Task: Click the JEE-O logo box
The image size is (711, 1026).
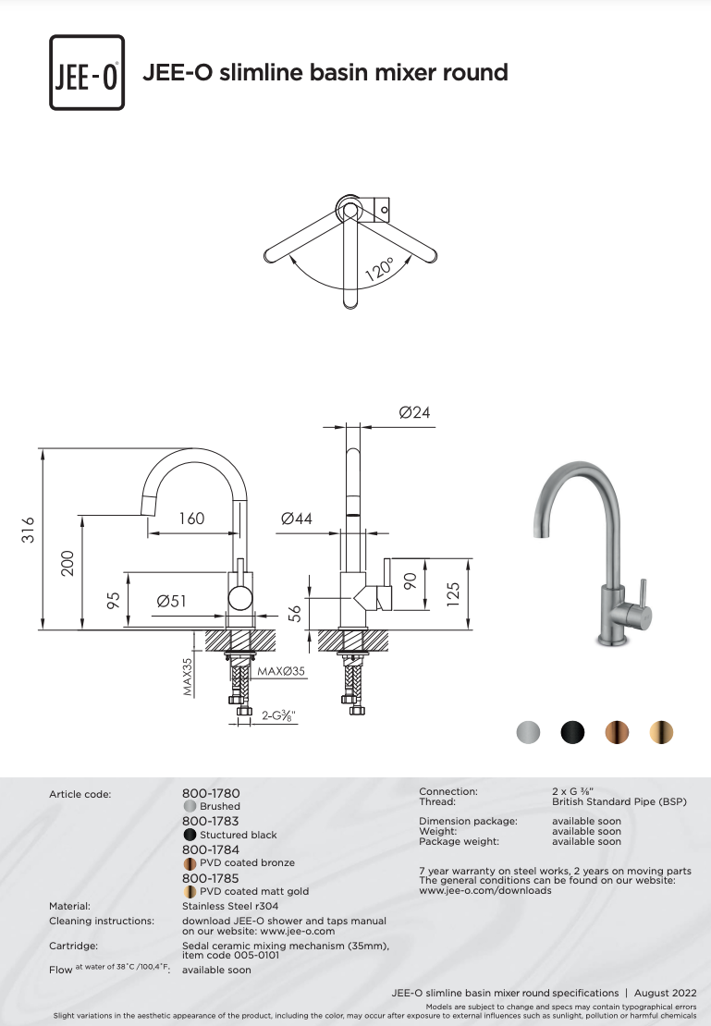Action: click(x=87, y=73)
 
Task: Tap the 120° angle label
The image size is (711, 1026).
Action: click(x=380, y=269)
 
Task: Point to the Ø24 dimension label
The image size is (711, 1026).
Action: click(x=414, y=412)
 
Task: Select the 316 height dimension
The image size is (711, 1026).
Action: click(x=28, y=530)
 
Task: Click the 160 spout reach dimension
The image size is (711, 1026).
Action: click(x=191, y=519)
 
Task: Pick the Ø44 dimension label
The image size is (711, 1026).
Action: click(x=297, y=519)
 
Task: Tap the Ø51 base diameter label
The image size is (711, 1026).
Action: click(x=172, y=601)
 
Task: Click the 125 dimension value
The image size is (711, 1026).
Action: click(x=453, y=594)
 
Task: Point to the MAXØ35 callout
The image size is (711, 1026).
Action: click(x=281, y=671)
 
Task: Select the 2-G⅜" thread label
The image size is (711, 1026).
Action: click(x=279, y=715)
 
